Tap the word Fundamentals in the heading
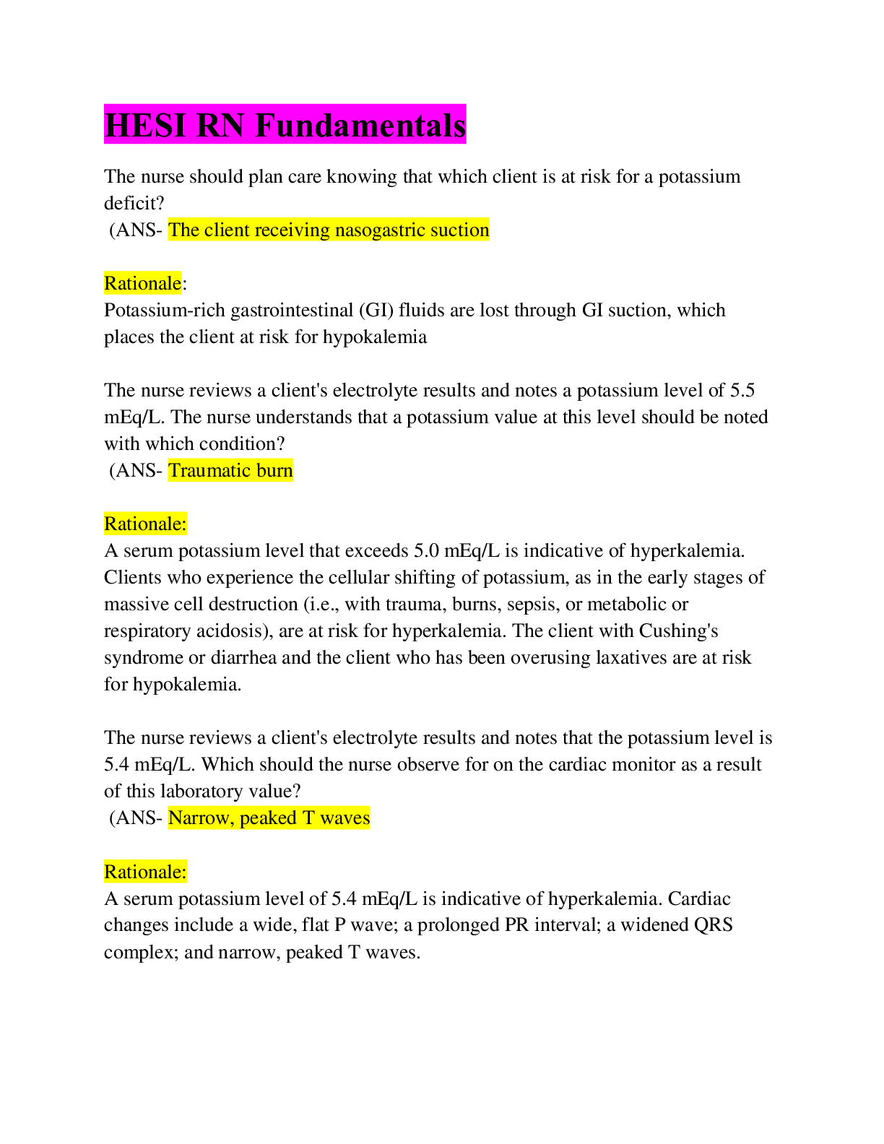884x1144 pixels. point(360,125)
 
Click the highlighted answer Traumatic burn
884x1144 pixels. point(230,470)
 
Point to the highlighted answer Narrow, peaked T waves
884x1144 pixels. point(269,818)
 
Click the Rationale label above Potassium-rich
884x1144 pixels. point(142,283)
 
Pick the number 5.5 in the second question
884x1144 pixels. point(742,390)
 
